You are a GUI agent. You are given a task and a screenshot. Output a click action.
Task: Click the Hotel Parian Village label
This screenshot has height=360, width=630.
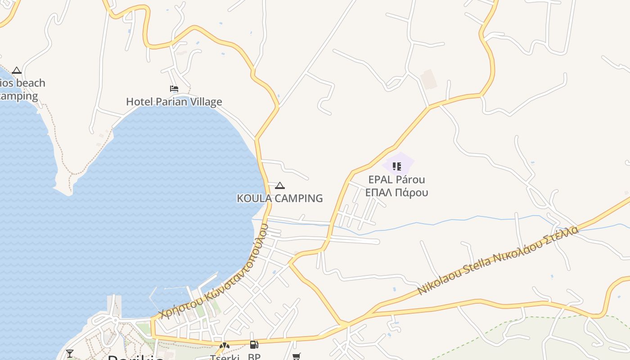[174, 102]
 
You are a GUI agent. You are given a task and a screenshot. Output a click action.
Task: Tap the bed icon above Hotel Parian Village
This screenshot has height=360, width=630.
[174, 89]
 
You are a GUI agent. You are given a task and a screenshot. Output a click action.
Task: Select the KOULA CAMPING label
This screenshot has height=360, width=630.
[279, 198]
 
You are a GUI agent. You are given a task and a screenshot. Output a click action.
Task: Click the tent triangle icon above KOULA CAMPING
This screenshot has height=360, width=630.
[280, 185]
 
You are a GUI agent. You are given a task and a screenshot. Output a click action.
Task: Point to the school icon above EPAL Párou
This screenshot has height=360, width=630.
[397, 166]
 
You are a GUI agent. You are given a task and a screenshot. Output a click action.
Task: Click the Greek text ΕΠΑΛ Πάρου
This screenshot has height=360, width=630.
[396, 193]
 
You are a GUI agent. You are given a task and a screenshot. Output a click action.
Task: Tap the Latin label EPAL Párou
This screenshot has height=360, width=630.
[396, 180]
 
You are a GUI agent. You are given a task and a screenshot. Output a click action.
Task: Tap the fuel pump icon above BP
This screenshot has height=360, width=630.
[254, 345]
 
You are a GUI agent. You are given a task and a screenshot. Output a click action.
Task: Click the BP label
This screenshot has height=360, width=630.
[254, 357]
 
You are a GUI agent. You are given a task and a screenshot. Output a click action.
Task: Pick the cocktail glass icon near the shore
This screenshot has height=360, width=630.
[70, 353]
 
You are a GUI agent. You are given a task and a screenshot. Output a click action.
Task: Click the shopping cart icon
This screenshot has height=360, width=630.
[296, 356]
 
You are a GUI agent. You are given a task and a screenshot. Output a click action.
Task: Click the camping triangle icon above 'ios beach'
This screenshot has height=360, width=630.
[17, 70]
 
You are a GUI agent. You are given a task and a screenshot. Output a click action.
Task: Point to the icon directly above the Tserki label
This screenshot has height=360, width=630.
[224, 346]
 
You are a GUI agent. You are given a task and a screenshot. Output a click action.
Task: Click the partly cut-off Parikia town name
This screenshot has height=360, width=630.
[135, 358]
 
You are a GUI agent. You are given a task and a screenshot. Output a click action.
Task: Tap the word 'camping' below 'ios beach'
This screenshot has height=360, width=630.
[19, 96]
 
